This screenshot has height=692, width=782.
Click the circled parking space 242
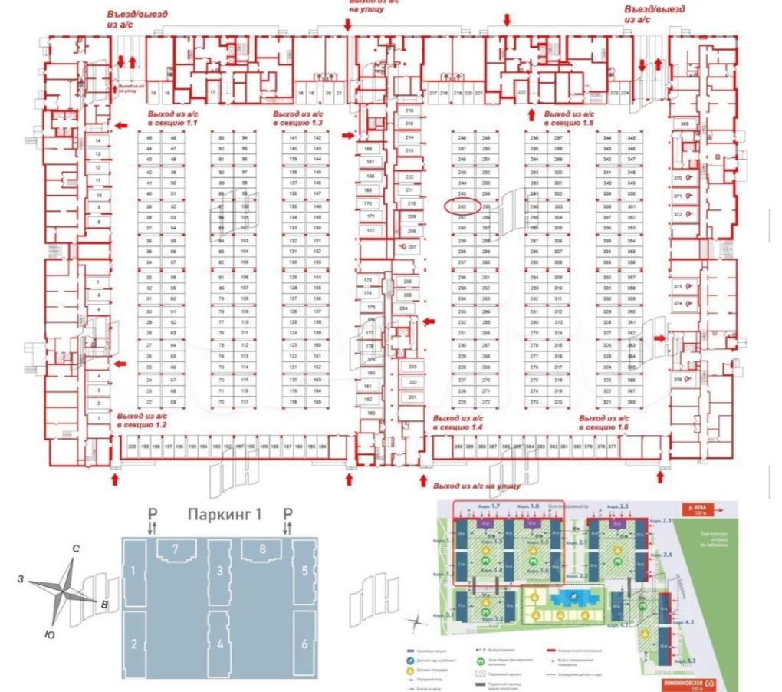(462, 206)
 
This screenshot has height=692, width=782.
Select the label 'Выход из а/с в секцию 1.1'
(177, 118)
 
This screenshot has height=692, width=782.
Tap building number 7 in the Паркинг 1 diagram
(176, 549)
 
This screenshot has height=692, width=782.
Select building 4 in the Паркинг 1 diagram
(220, 643)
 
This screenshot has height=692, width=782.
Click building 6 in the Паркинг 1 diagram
(304, 643)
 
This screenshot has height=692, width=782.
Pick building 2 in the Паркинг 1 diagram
(133, 643)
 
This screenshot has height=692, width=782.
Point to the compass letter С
(76, 549)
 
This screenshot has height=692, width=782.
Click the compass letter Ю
(49, 634)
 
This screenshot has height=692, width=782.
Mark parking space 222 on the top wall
(521, 93)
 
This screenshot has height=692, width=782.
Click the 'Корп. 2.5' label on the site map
(618, 507)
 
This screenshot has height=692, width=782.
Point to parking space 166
(369, 148)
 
